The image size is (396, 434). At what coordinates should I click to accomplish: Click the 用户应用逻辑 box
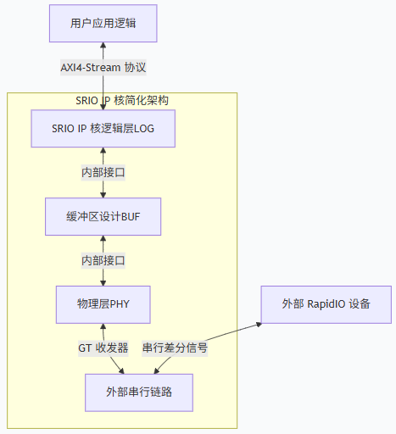(x=103, y=23)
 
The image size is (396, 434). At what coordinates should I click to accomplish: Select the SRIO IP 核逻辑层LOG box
(x=103, y=129)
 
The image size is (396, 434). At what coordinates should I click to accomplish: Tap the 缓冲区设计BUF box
(x=103, y=216)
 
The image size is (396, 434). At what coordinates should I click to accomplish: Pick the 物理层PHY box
(x=103, y=303)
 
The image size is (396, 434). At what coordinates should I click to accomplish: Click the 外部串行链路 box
(x=139, y=392)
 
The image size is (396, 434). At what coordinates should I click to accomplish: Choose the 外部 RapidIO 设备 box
(x=326, y=303)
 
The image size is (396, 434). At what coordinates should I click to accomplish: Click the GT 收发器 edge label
(x=99, y=348)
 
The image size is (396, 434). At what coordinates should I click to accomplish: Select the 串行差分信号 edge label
(x=175, y=348)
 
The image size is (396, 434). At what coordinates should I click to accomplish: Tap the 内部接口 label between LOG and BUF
(x=103, y=172)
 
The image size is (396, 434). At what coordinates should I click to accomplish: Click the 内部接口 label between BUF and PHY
(x=103, y=259)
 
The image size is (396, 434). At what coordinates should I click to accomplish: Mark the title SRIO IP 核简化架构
(x=121, y=100)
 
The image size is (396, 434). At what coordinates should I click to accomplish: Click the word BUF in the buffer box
(x=131, y=216)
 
